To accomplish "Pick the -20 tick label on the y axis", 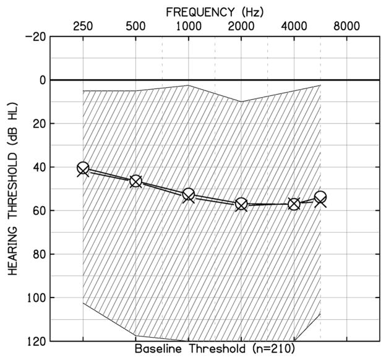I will pyautogui.click(x=35, y=36).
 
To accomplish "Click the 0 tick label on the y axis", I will pyautogui.click(x=42, y=80).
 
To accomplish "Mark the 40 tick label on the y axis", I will pyautogui.click(x=38, y=168).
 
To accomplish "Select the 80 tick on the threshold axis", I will pyautogui.click(x=38, y=254).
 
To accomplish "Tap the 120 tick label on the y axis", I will pyautogui.click(x=35, y=341).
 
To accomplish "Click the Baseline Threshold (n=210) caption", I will pyautogui.click(x=215, y=349).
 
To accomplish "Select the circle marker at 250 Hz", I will pyautogui.click(x=83, y=168).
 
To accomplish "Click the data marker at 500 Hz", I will pyautogui.click(x=135, y=181).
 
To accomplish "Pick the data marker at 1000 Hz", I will pyautogui.click(x=189, y=195).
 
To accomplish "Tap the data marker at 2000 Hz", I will pyautogui.click(x=241, y=204).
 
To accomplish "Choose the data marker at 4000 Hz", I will pyautogui.click(x=294, y=204).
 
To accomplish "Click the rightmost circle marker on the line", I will pyautogui.click(x=320, y=198).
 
